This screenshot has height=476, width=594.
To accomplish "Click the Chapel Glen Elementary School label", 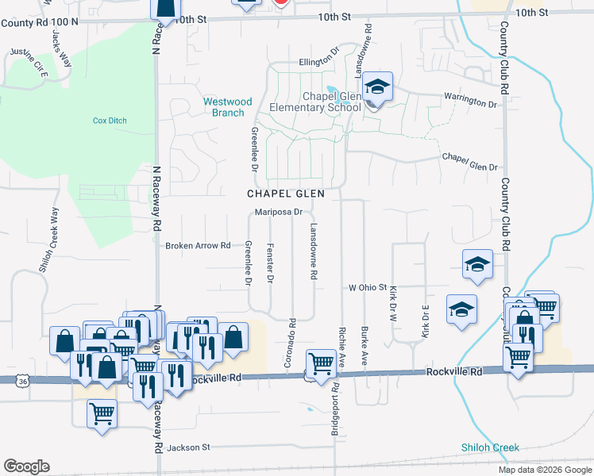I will click(x=315, y=102).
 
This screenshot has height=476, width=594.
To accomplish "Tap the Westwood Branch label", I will click(x=227, y=107).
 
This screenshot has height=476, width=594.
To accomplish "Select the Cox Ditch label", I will click(x=110, y=121).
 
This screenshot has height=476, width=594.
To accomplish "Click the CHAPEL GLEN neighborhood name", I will click(x=286, y=194).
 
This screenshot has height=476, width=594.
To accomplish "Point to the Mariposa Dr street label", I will click(x=279, y=212).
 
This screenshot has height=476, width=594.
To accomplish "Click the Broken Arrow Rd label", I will click(x=198, y=246).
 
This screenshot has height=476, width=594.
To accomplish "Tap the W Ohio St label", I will click(x=367, y=287).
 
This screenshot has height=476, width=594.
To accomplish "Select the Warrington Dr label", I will click(x=470, y=102).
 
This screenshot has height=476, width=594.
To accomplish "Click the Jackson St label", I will click(x=188, y=447).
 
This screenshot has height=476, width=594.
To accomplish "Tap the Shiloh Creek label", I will click(x=490, y=447).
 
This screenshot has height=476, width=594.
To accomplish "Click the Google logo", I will click(x=26, y=466).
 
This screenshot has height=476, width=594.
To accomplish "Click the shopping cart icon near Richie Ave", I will click(x=322, y=364).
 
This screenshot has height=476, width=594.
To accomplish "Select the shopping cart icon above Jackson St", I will click(x=102, y=413).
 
